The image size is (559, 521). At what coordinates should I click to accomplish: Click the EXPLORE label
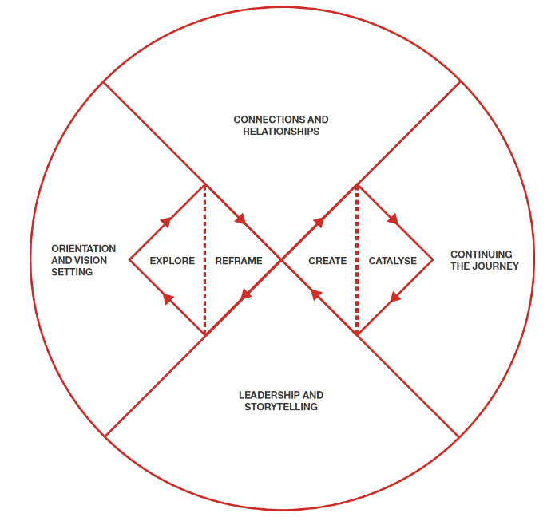tap(172, 261)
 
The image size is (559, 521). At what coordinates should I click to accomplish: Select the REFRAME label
tap(239, 261)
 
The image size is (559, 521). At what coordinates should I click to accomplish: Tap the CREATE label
tap(327, 261)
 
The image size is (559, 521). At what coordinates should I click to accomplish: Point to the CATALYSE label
tap(393, 261)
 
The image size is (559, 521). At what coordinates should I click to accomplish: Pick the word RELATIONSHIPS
tap(281, 132)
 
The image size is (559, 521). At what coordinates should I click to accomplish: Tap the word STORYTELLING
tap(281, 407)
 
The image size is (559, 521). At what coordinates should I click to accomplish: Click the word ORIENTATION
tap(83, 249)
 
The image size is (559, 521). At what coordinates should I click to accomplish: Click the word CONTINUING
tap(482, 255)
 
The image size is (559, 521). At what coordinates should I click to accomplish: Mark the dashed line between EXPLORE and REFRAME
tap(204, 259)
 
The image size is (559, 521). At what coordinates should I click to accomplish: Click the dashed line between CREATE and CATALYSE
tap(357, 259)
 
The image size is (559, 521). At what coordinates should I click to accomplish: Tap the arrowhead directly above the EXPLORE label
tap(166, 222)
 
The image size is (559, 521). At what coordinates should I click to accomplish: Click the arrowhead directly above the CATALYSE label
tap(393, 219)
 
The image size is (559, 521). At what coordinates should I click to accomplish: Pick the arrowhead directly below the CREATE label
tap(316, 294)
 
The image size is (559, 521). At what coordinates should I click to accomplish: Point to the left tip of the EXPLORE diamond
tap(129, 259)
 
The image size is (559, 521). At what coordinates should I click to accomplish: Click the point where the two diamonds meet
tap(281, 260)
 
